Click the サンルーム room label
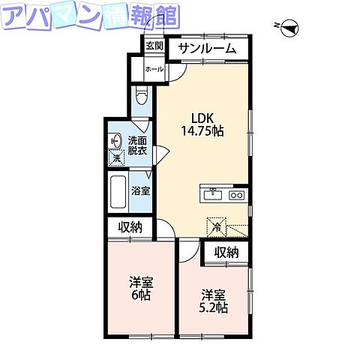coord(206,49)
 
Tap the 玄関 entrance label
coord(154,45)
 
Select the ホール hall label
coord(153,68)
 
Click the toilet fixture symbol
coord(142,97)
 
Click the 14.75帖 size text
coord(202,130)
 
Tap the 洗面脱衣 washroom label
coord(137,145)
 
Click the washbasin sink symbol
coord(115,140)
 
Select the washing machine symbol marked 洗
coord(116,158)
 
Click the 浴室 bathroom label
coord(140,190)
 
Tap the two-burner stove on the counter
coord(236,195)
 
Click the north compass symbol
coord(289,28)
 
